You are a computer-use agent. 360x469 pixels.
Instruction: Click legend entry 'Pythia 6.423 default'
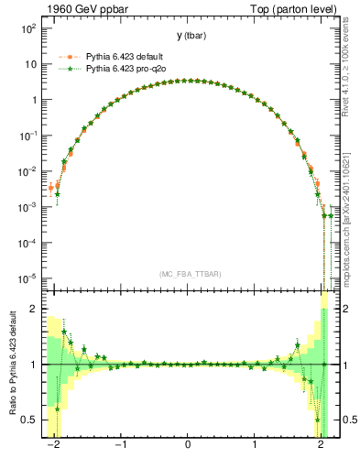pyautogui.click(x=125, y=56)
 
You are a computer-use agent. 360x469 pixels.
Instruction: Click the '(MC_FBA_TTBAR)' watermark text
pyautogui.click(x=188, y=274)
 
